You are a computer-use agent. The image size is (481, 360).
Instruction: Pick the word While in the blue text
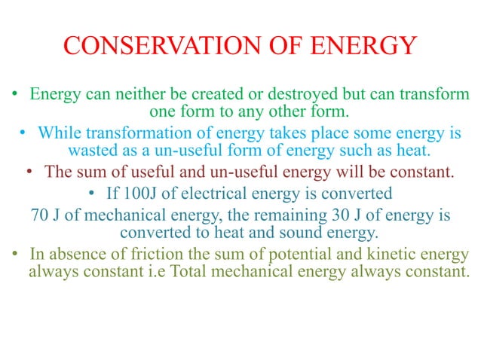(x=60, y=133)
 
